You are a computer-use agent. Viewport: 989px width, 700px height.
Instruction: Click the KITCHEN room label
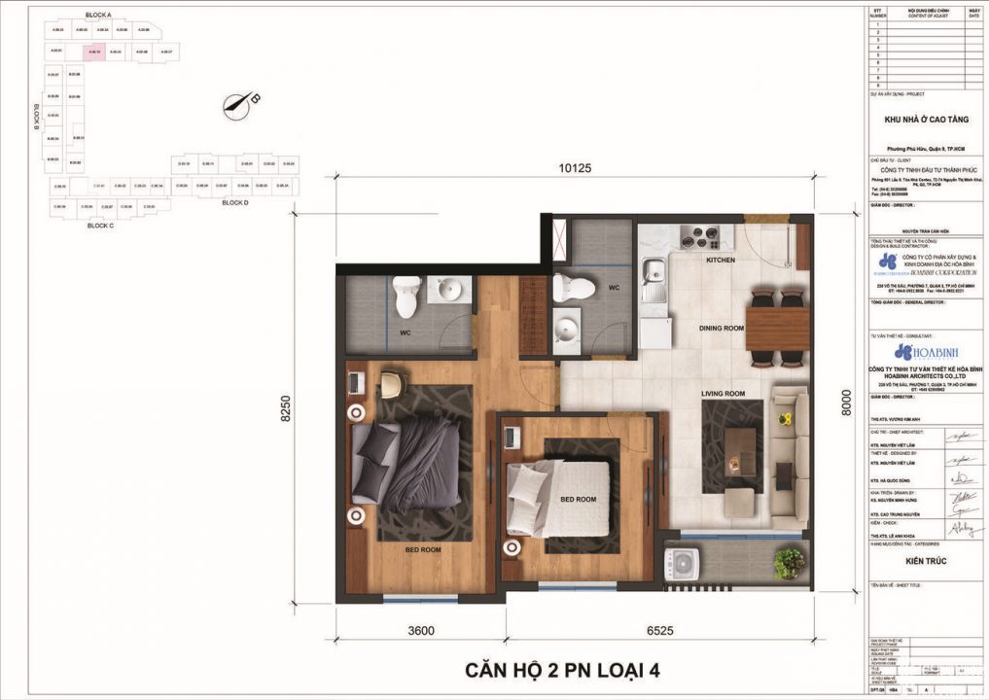click(x=721, y=261)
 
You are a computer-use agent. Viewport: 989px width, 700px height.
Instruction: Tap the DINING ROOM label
click(x=721, y=329)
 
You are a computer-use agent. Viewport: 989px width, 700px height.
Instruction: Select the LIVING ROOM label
click(x=723, y=394)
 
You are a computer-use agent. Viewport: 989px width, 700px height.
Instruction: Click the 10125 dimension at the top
click(x=576, y=167)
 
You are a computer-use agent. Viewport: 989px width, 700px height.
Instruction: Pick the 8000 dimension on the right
click(x=846, y=402)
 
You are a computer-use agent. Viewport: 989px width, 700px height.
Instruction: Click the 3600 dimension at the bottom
click(x=420, y=630)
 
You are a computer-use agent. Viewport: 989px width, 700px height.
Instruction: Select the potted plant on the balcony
click(x=789, y=562)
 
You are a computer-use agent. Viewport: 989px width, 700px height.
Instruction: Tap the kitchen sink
click(x=651, y=274)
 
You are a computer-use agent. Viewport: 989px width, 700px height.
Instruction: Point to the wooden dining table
click(x=778, y=328)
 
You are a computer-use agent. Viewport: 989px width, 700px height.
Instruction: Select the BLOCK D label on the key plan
click(x=234, y=203)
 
